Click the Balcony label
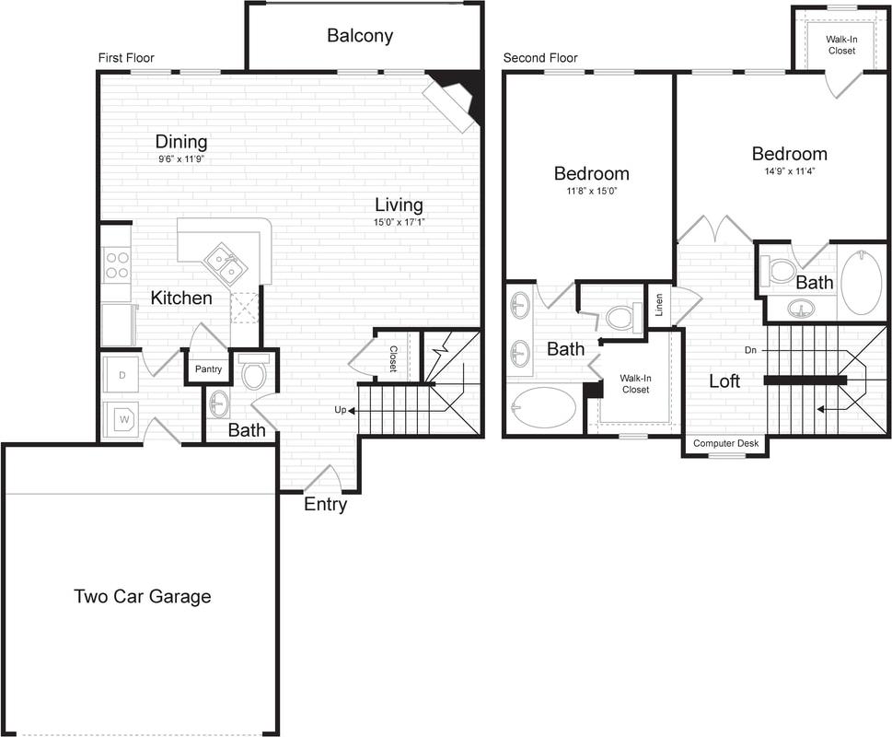(360, 36)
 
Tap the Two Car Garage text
(142, 596)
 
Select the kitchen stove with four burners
(117, 265)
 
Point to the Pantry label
(207, 369)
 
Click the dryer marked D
(122, 376)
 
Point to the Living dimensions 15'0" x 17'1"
(398, 222)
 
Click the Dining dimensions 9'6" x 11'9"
(180, 158)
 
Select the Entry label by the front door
(325, 504)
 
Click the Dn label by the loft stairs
(751, 350)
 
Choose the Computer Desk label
(725, 444)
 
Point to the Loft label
(724, 380)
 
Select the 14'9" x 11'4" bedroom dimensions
(789, 170)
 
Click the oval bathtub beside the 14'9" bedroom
(862, 283)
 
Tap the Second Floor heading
(539, 58)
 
